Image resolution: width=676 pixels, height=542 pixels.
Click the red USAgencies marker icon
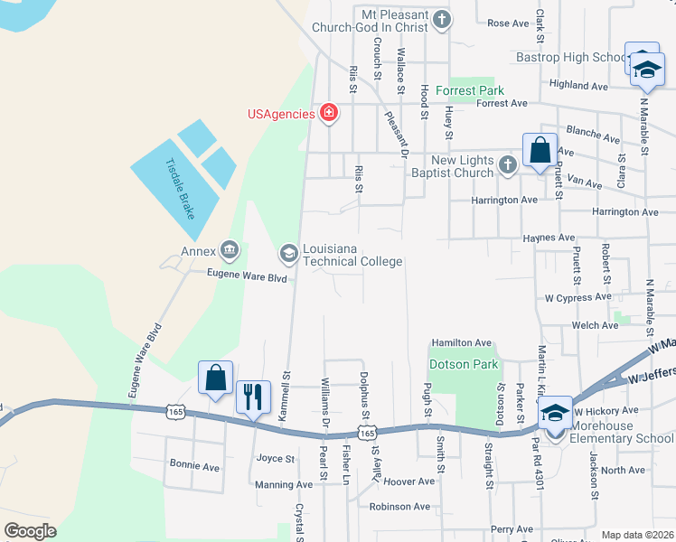329,114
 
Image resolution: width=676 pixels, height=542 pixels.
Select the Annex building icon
230,250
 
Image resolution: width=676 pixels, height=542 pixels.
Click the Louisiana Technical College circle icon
289,253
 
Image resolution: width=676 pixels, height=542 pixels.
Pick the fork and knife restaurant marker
252,397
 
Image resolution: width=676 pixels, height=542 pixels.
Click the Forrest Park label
470,90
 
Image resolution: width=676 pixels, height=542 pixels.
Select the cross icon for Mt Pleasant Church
442,19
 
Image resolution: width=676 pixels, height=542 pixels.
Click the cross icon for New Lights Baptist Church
508,164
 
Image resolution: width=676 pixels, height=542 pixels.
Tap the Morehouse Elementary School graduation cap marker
555,413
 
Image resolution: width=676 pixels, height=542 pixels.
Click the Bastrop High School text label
571,58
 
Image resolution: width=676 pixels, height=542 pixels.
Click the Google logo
31,531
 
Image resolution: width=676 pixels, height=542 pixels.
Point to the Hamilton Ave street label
461,343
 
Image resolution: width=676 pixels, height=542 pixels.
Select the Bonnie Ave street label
194,467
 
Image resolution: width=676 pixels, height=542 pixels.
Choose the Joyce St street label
277,459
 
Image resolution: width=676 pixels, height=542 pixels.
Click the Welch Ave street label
595,325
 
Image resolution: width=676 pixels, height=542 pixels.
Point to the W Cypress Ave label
578,297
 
